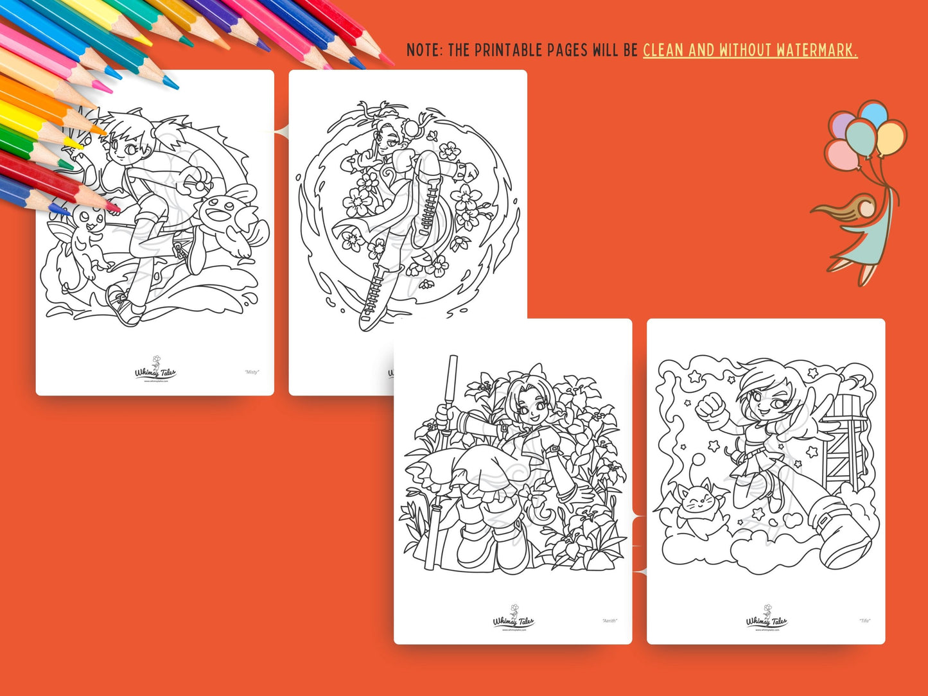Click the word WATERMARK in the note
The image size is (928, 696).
point(816,50)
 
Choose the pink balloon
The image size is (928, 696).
point(843,155)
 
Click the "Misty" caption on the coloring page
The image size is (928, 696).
point(252,372)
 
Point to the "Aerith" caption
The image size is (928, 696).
point(609,621)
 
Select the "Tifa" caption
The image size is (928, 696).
point(864,621)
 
